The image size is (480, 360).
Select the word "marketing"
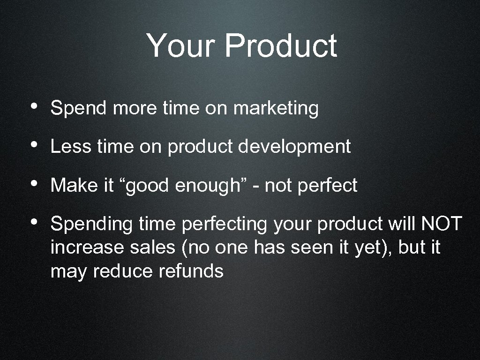(x=276, y=109)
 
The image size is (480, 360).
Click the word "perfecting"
(x=224, y=225)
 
